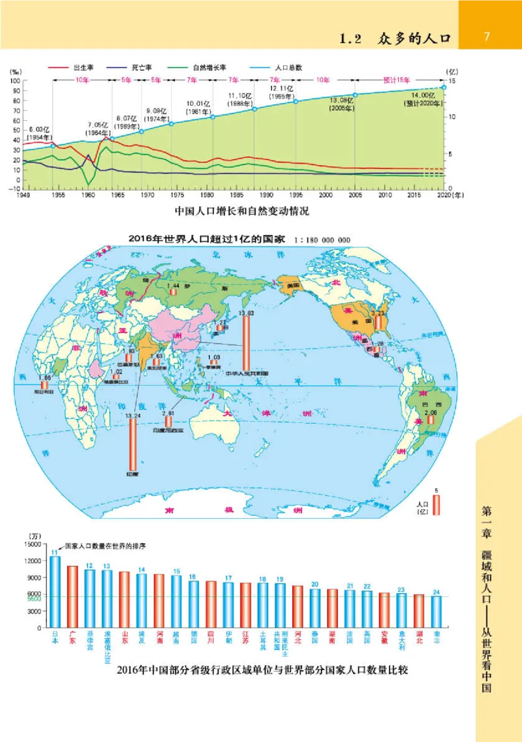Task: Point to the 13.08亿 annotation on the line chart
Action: [x=342, y=104]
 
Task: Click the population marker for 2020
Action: [x=444, y=86]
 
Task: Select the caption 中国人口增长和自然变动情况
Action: [x=241, y=211]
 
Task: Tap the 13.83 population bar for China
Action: [x=247, y=344]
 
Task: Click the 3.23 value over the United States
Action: [x=378, y=313]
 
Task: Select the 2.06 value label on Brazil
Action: [x=431, y=414]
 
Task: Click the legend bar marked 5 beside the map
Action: [x=437, y=504]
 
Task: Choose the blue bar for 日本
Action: [x=55, y=591]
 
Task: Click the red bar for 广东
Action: [x=72, y=596]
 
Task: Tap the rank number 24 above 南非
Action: [x=436, y=592]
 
